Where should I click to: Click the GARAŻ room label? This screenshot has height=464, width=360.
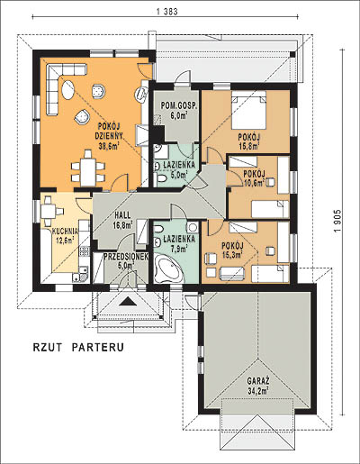click(258, 381)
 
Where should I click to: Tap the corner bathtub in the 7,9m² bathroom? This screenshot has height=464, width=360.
click(167, 268)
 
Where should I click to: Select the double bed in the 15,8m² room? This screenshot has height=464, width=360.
click(248, 110)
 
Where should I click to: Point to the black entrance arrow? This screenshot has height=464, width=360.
click(128, 301)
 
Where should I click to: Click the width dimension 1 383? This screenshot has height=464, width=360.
click(167, 12)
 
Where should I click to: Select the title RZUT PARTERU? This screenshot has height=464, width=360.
click(78, 347)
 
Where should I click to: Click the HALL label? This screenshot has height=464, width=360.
click(122, 215)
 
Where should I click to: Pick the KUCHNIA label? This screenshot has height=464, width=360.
click(65, 232)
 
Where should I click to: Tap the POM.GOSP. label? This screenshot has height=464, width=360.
click(179, 105)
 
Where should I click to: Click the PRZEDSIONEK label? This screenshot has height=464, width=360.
click(126, 256)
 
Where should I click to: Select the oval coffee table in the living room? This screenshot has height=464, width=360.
click(68, 89)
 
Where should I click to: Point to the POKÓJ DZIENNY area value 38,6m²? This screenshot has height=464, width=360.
click(109, 146)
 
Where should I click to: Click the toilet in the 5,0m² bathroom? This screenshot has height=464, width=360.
click(160, 179)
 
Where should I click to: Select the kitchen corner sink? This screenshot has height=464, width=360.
click(80, 275)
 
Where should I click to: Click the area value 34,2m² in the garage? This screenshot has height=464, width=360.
click(257, 391)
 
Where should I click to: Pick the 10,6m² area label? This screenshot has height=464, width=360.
click(255, 182)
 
